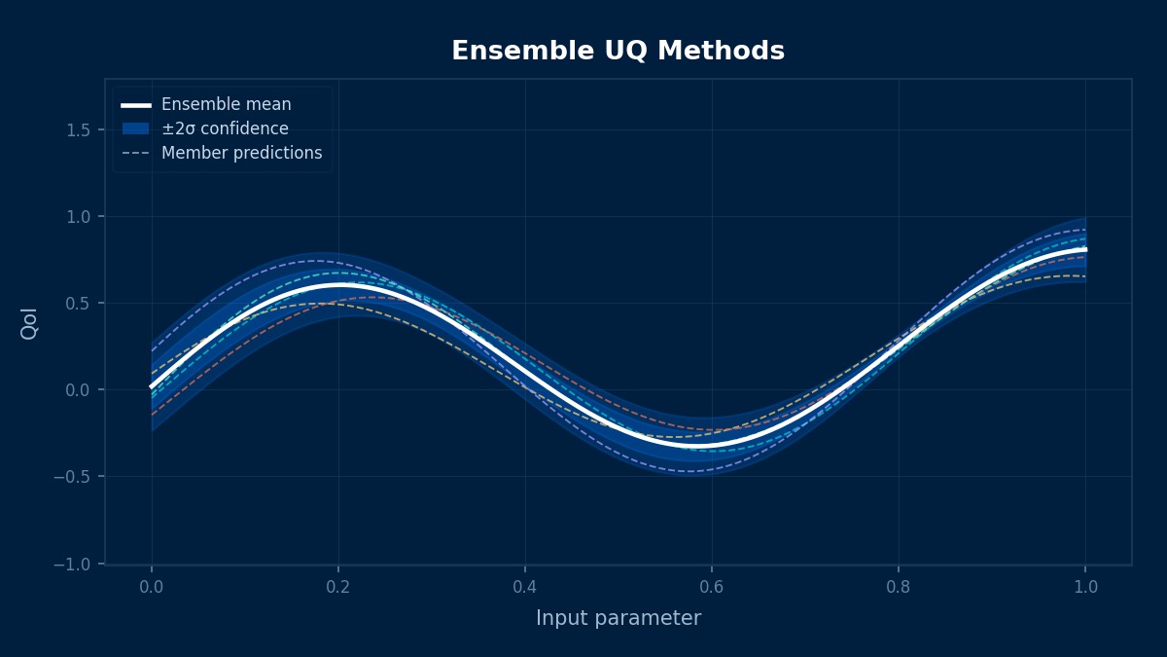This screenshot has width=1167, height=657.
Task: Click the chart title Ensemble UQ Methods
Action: [618, 52]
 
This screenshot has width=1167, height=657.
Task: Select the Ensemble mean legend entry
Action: [226, 104]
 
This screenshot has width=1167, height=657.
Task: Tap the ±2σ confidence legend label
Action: [225, 128]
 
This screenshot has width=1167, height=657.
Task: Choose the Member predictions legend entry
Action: [241, 153]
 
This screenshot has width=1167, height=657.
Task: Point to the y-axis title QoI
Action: [29, 323]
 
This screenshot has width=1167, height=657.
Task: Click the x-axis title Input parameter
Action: [618, 618]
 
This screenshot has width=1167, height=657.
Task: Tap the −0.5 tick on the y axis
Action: [82, 477]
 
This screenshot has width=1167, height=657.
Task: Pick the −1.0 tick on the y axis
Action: [82, 564]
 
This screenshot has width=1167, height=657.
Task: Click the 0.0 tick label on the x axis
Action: [152, 587]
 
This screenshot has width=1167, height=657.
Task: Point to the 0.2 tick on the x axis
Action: [338, 587]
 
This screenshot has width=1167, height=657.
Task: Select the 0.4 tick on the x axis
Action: [525, 587]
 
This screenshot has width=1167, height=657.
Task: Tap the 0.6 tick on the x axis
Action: [712, 587]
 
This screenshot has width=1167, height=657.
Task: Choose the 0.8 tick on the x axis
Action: [899, 587]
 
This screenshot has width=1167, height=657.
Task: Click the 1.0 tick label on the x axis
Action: [1085, 587]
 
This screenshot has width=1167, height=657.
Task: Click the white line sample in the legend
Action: [136, 104]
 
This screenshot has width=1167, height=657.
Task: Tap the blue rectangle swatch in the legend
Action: [136, 128]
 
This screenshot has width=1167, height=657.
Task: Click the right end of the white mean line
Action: [1084, 250]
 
